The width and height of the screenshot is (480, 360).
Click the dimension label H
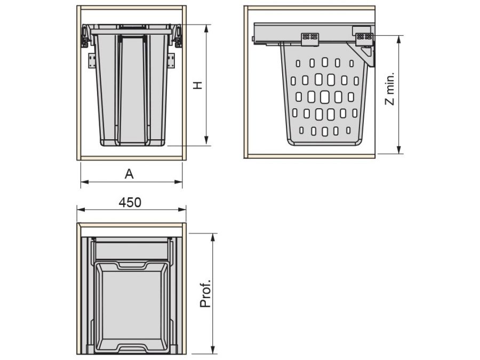tap(198, 85)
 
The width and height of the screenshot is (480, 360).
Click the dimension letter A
tap(129, 174)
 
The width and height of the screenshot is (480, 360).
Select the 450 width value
tap(130, 202)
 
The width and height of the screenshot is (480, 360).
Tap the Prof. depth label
tap(205, 293)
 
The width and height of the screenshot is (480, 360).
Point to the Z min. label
tap(390, 89)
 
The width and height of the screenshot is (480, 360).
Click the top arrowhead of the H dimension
tap(206, 29)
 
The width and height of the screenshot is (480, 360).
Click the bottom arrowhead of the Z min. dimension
tap(398, 149)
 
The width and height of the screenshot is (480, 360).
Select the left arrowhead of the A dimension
tap(85, 182)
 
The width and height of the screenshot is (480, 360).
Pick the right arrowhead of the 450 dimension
tap(182, 210)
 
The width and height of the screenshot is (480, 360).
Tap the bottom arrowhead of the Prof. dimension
tap(213, 350)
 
